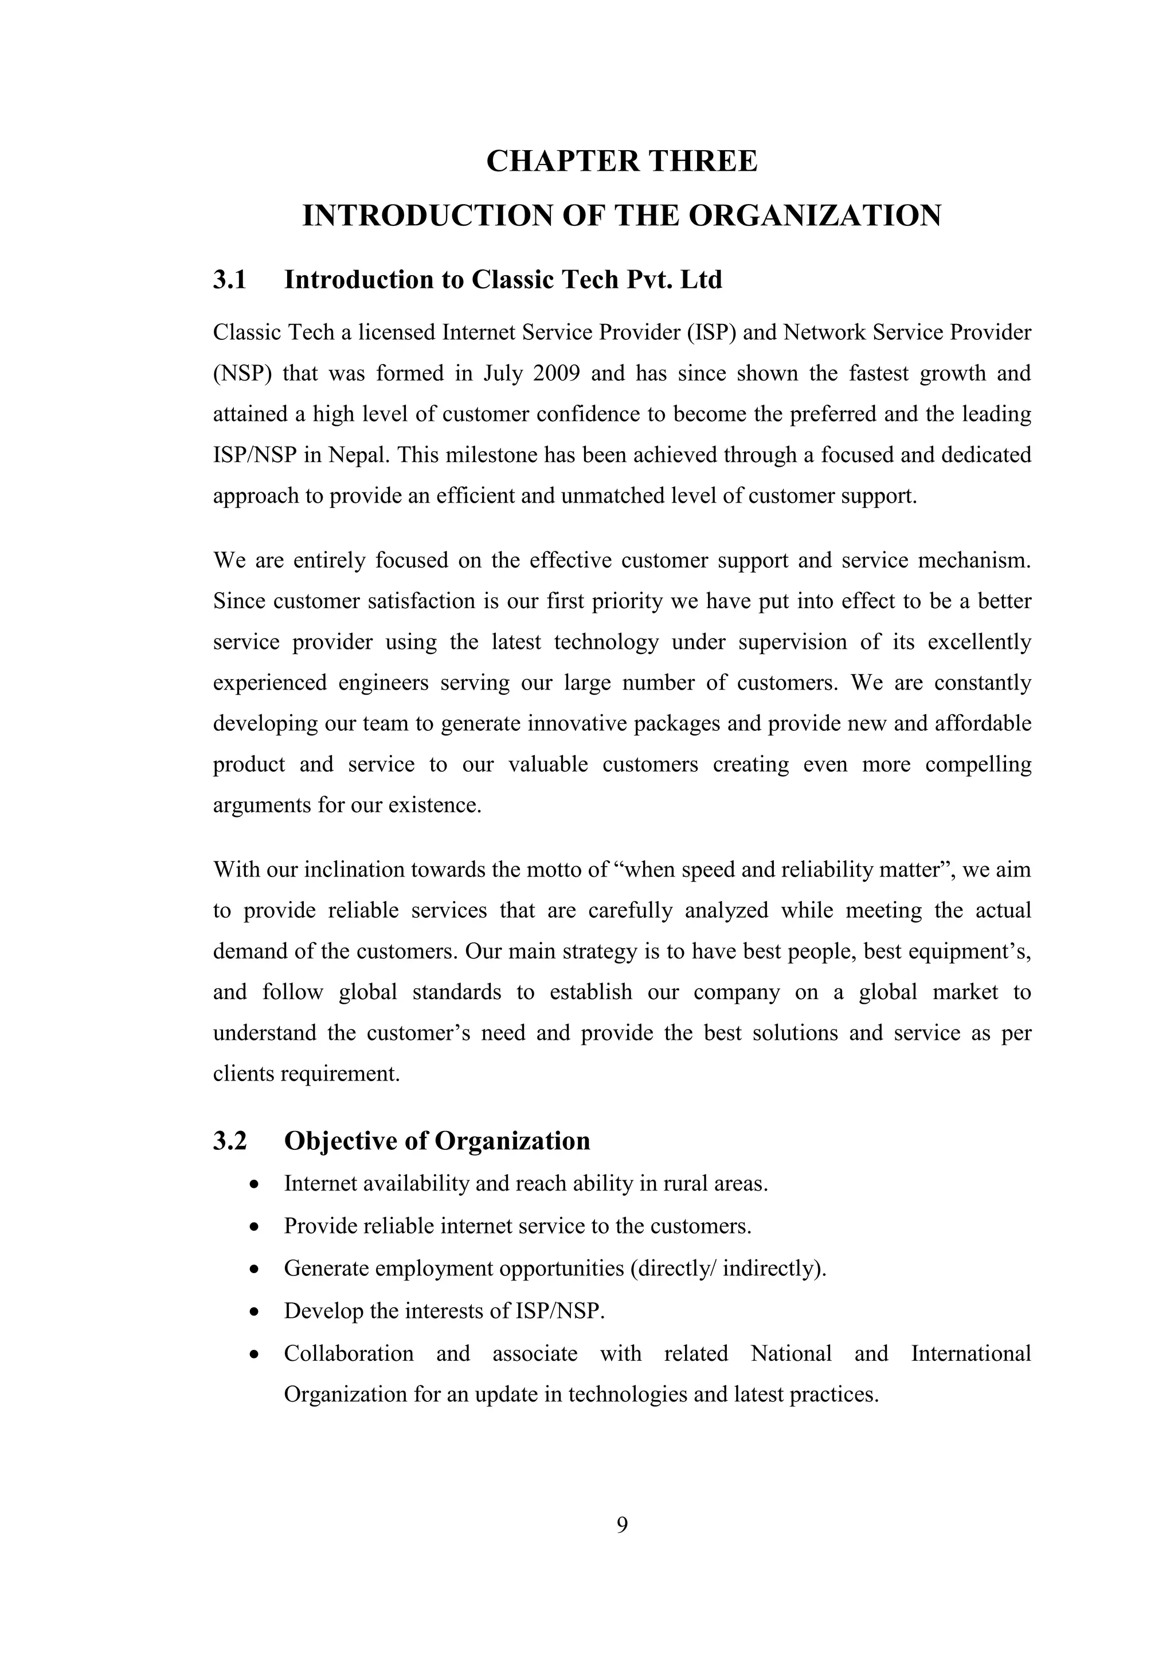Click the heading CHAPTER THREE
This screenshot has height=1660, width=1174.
coord(622,160)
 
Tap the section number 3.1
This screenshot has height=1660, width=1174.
coord(230,280)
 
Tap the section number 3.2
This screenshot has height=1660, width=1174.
coord(230,1141)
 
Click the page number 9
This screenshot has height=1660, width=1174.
coord(622,1525)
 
